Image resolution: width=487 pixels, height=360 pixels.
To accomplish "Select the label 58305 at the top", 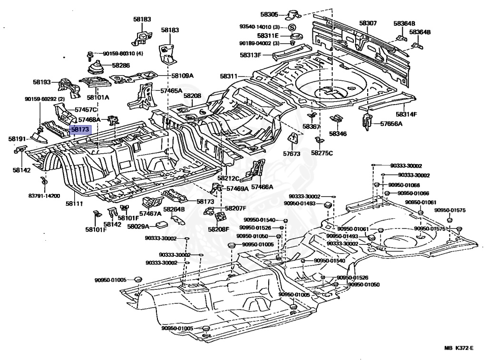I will pos(270,14).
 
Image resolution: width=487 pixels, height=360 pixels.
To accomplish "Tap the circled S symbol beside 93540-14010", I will pos(292,27).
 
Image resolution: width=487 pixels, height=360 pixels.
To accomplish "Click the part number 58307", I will pos(368,23).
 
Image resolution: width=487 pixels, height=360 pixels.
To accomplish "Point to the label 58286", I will pos(121,65).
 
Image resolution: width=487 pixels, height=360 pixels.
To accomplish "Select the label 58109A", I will pos(182,76).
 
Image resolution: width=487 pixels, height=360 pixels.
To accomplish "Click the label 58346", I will pos(338,134).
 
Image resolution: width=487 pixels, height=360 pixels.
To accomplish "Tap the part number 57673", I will pos(292,154).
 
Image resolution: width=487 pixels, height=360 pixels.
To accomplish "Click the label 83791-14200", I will pos(44,195).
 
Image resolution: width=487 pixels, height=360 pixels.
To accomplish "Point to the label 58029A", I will pos(138,226).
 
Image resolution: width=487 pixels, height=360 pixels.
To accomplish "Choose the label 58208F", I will pos(218,229).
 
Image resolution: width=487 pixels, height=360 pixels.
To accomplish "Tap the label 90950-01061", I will pos(420,202).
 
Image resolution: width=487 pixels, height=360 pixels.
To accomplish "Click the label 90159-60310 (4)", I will pos(123,53).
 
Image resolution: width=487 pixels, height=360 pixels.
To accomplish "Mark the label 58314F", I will pos(407,115).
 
